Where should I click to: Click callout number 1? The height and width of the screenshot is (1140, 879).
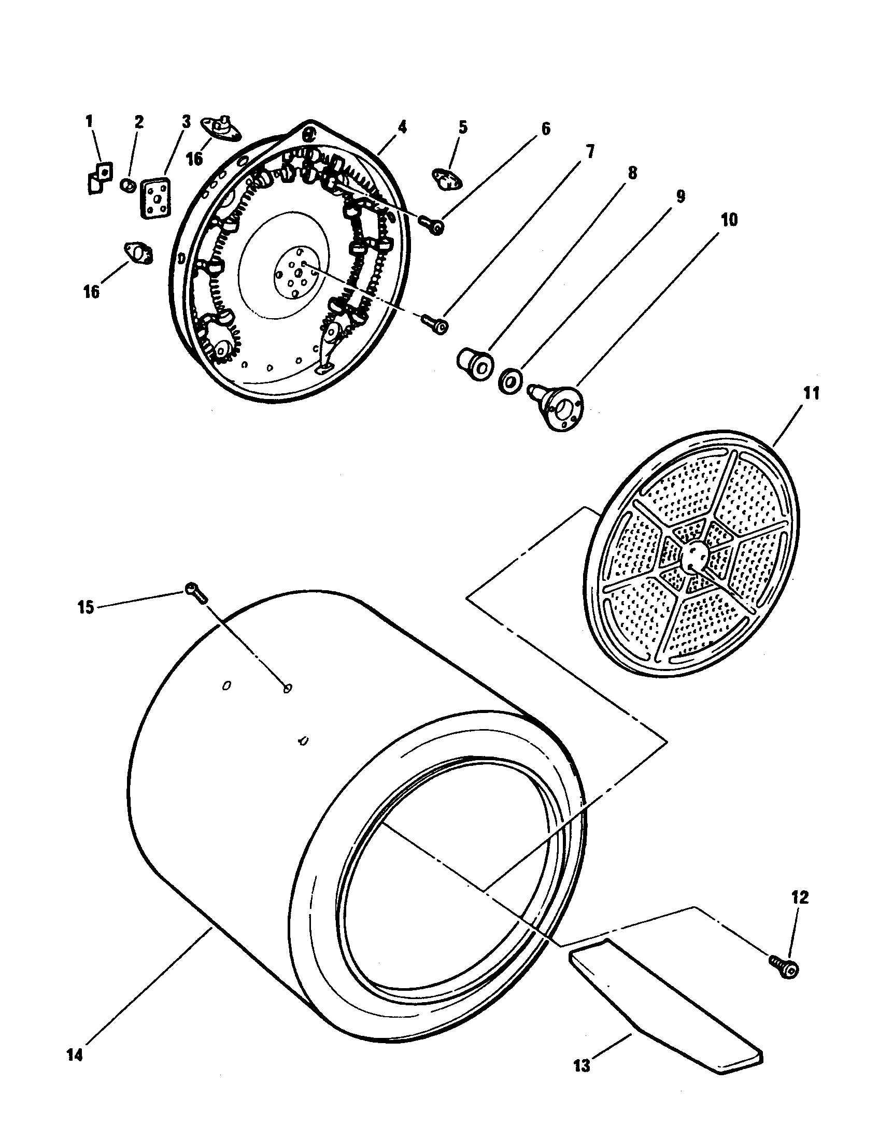click(89, 122)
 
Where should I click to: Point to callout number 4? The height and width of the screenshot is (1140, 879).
click(401, 127)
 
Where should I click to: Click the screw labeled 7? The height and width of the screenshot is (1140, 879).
click(434, 324)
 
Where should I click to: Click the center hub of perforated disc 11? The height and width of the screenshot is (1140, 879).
click(693, 557)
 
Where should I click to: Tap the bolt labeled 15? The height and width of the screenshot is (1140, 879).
click(195, 592)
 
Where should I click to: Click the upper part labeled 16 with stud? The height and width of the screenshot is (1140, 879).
click(220, 129)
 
